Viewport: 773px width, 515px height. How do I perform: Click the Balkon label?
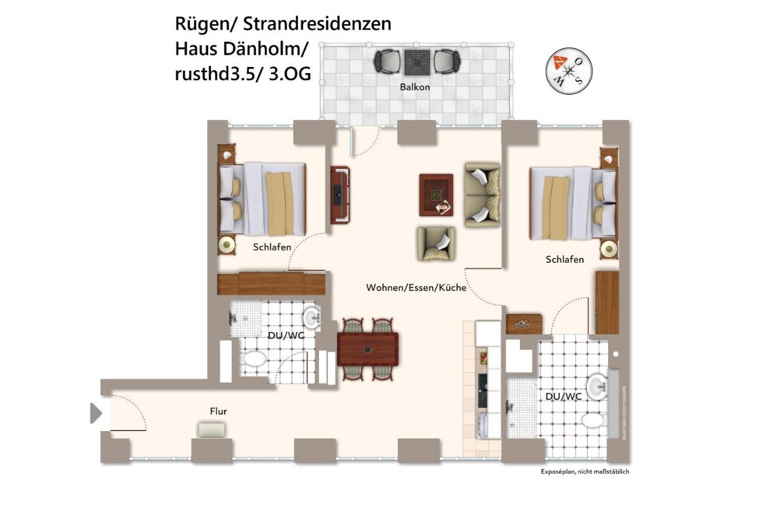(415, 87)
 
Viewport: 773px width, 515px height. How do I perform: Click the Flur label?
(218, 411)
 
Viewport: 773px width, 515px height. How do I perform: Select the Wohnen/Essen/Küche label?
(416, 288)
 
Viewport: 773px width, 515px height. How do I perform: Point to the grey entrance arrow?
(95, 414)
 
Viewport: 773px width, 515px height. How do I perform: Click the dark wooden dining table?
(367, 349)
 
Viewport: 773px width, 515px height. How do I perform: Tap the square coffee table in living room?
(436, 194)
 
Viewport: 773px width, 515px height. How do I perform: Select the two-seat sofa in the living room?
(483, 194)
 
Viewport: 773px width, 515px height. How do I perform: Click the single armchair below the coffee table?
(436, 243)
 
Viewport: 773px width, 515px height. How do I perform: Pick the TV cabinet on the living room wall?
(339, 194)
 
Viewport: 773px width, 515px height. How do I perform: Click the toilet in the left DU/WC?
(254, 359)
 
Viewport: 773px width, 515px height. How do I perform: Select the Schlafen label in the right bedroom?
(565, 260)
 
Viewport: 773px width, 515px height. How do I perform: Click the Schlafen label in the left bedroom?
(272, 247)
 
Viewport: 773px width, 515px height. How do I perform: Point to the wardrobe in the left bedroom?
(271, 283)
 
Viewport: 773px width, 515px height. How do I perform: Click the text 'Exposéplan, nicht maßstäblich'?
(585, 472)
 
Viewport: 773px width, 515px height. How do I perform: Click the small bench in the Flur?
(212, 429)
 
